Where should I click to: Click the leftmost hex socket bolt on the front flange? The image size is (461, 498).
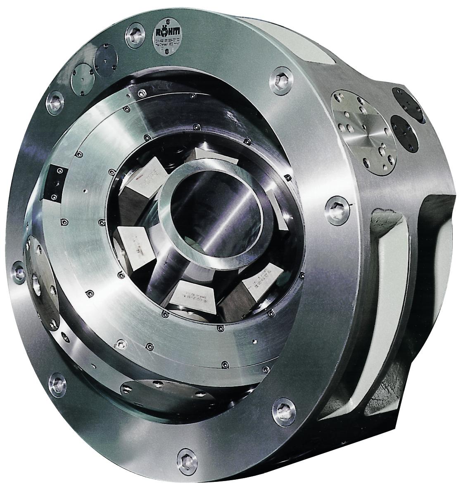coord(19,270)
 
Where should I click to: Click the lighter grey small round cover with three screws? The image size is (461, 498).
coord(81,77)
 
